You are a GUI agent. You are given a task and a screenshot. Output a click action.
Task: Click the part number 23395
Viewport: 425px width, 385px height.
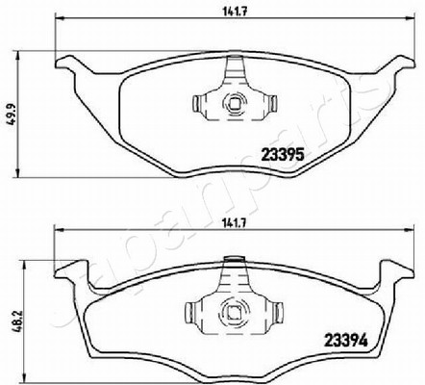coord(283,156)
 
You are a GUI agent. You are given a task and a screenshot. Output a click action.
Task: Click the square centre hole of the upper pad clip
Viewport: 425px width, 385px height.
coord(235,103)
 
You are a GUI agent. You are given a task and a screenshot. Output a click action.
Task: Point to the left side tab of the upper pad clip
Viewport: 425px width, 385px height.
coord(196,104)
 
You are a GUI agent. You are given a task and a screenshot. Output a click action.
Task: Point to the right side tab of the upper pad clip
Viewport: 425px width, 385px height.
coord(273,104)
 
